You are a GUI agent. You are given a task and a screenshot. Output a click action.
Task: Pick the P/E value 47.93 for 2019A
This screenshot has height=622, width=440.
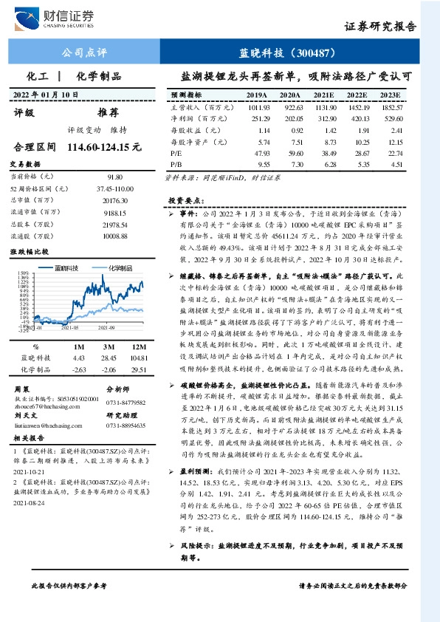point(258,151)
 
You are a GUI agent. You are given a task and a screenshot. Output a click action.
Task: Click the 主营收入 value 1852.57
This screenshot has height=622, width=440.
point(391,108)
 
